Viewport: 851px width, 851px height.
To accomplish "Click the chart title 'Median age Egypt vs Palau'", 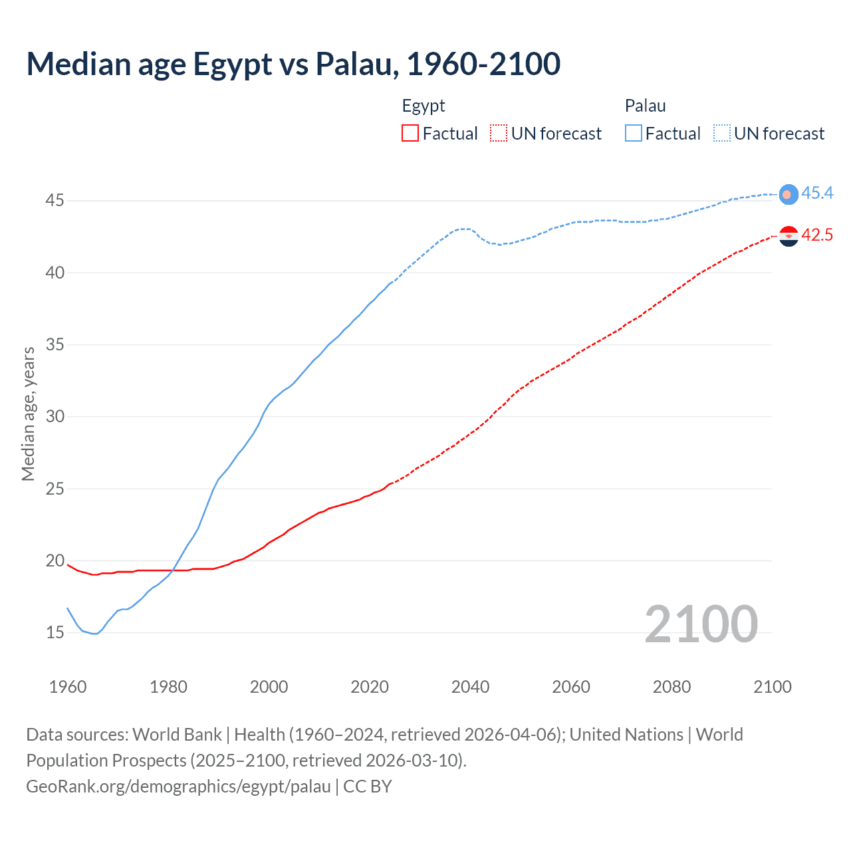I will (x=293, y=64).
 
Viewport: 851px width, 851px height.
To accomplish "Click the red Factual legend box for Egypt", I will (x=410, y=133).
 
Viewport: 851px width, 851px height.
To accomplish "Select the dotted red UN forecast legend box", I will (x=499, y=133).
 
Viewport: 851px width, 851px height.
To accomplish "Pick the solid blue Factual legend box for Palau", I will (x=634, y=133).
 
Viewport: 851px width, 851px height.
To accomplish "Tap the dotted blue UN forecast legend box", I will (x=722, y=133).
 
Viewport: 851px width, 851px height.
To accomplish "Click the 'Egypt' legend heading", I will (x=424, y=106).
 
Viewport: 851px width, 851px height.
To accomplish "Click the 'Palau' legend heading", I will (x=645, y=106).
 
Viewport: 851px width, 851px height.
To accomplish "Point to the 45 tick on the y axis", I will (x=55, y=200).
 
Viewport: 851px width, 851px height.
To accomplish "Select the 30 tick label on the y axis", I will (x=55, y=416).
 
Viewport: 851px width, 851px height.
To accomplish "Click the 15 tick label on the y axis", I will (x=55, y=632).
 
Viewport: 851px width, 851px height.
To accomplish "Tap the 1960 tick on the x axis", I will (x=68, y=686).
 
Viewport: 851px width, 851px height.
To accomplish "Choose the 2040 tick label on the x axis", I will (x=470, y=686).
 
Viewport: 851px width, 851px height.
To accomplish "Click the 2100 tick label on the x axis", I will (x=773, y=686).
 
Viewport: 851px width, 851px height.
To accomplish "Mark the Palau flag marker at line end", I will (x=789, y=194).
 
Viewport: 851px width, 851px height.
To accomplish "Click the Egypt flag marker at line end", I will (x=789, y=236).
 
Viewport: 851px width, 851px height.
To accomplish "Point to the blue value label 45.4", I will (x=817, y=193).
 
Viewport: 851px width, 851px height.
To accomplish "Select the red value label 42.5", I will (x=817, y=235).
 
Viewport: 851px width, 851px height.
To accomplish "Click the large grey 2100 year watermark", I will (x=701, y=624).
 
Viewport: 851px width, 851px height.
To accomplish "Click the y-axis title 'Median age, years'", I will (x=28, y=414).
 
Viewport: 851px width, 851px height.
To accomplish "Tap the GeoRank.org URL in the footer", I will (x=178, y=786).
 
